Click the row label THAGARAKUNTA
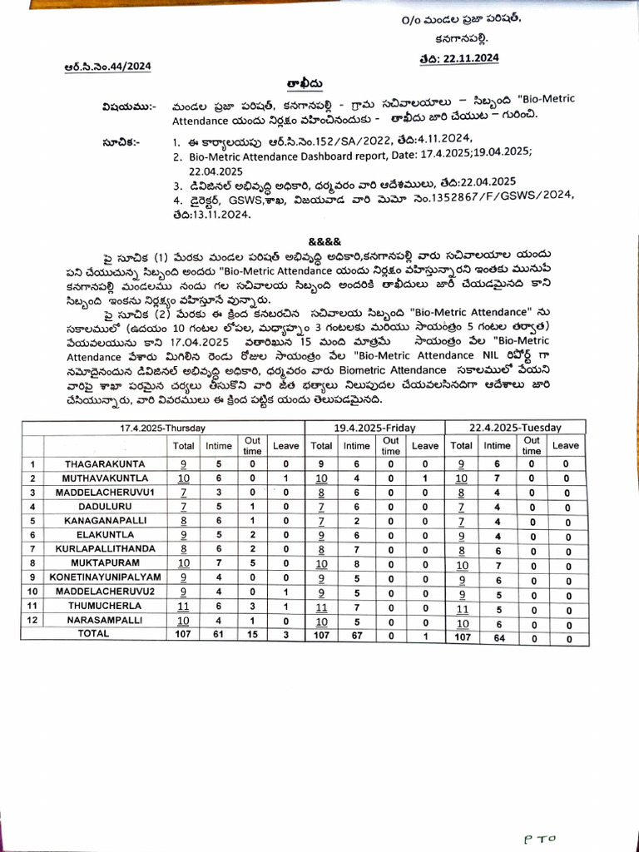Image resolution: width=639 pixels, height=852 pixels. click(106, 463)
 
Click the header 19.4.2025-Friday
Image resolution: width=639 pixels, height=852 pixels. click(374, 428)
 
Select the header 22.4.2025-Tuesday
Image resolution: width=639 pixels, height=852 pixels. click(515, 428)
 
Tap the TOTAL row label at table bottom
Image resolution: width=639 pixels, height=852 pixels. click(93, 633)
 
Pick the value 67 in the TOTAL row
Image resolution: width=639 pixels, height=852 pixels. click(354, 634)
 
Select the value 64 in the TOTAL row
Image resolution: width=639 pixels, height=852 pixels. click(498, 634)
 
